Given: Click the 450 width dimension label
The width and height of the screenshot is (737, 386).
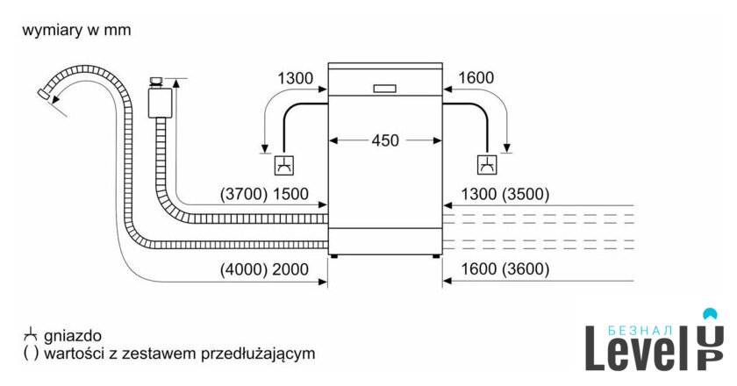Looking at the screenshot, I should tap(386, 140).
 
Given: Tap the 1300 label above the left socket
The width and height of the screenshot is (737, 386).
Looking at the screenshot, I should tap(295, 79).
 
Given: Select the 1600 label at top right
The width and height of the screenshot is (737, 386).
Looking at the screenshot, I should tap(476, 79).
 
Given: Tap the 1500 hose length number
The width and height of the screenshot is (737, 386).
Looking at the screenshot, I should tap(291, 195).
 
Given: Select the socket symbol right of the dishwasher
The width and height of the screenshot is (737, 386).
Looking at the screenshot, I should tap(486, 164).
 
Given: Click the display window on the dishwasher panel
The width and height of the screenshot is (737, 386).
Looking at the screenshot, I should tap(386, 88).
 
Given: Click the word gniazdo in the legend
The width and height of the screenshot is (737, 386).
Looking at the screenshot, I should tap(73, 336).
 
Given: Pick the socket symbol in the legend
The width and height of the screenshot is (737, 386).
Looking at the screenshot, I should tap(31, 336).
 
